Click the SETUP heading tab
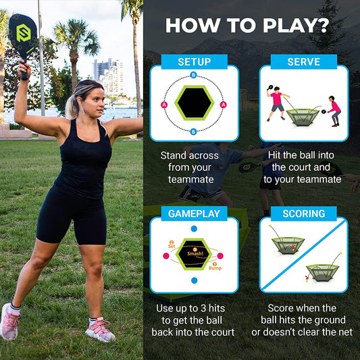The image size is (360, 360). pos(194,62)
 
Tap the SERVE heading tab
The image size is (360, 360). pos(304,62)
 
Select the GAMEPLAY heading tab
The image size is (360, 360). pos(194,213)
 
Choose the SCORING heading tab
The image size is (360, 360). pos(304,213)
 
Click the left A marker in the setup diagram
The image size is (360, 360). pos(164,105)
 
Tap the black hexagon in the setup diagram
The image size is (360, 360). pos(194,104)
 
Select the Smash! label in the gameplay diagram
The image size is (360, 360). pos(196,253)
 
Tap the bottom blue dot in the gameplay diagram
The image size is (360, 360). pos(195,280)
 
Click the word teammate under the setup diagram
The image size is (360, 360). pos(192,180)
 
